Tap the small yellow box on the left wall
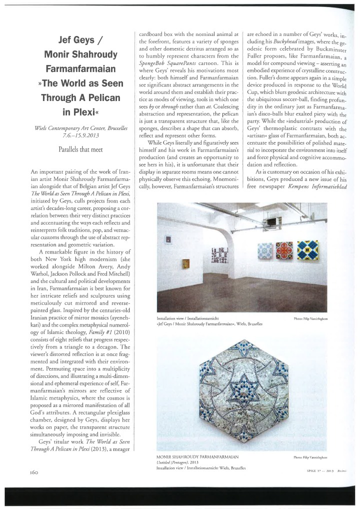pyautogui.click(x=187, y=263)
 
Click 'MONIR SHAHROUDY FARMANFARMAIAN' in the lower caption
pyautogui.click(x=196, y=456)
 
